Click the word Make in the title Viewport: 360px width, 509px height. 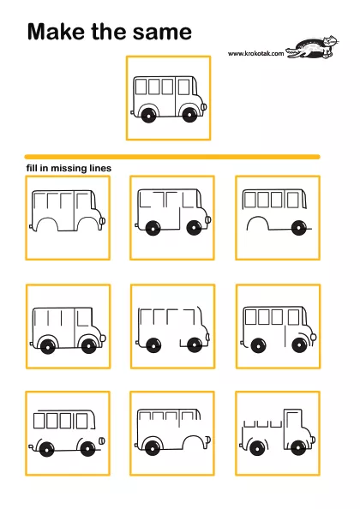coord(57,32)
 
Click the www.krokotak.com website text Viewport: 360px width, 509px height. coord(255,53)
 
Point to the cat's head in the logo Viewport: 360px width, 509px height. coord(330,41)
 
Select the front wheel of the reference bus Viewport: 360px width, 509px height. coord(189,115)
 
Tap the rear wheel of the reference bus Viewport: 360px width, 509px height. coord(148,115)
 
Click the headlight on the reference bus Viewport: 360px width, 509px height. coord(204,106)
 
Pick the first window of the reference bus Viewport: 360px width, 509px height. coord(141,87)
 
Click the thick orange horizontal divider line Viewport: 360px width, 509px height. coord(172,157)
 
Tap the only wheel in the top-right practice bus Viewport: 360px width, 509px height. coord(299,228)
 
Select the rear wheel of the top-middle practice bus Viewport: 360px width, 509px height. coord(153,228)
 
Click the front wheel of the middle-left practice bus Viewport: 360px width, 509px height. coord(89,346)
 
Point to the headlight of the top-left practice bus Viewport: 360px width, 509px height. coord(103,221)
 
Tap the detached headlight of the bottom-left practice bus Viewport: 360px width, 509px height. coord(102,440)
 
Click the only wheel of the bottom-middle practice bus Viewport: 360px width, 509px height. coord(153,447)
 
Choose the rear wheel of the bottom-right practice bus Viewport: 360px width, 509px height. coord(257,449)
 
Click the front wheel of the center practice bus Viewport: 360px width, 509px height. coord(194,345)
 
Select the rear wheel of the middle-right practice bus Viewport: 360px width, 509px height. coord(258,345)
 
